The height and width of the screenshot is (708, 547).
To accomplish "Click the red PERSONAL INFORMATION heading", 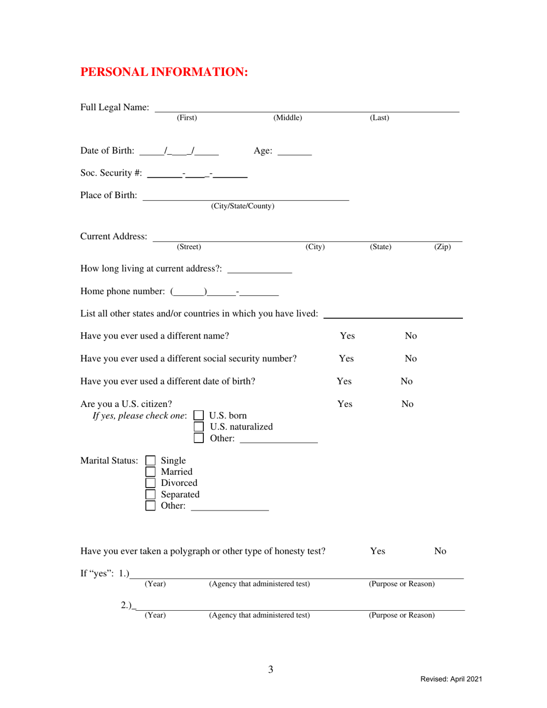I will click(x=164, y=72).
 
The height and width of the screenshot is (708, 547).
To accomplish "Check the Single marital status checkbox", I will click(x=150, y=460).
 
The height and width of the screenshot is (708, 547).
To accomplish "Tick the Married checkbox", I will click(x=150, y=472).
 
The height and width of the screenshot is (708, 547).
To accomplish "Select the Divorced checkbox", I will click(x=150, y=483).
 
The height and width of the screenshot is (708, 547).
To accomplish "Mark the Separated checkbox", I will click(x=150, y=494).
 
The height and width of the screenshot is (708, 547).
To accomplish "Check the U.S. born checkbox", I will click(x=199, y=416).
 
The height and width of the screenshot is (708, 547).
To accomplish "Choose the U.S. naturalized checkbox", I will click(x=199, y=427).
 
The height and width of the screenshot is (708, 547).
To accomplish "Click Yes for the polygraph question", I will click(x=377, y=551).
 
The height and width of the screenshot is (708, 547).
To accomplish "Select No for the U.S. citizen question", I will click(x=407, y=404).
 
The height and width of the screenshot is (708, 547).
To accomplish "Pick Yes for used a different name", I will click(x=347, y=336).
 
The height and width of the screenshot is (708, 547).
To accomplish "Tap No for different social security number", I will click(x=411, y=359).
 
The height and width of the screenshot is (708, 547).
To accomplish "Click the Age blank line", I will click(x=294, y=154).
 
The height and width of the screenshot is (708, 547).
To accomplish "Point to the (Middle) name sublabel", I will click(x=287, y=118).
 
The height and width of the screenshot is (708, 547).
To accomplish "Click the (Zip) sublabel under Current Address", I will click(x=442, y=247).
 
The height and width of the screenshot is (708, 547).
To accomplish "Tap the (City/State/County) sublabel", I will click(x=242, y=206).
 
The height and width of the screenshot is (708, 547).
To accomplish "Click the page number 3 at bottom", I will click(x=271, y=669).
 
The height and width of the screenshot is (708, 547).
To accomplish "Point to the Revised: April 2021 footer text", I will click(x=451, y=680).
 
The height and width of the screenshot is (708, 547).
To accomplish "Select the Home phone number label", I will click(x=123, y=292).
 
